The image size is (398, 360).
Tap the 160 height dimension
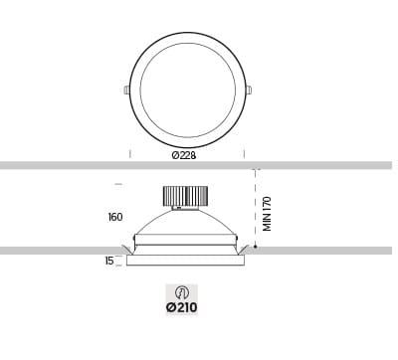114,216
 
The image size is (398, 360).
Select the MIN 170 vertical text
267,214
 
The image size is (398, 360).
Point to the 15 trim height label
109,262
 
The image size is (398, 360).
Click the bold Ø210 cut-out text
182,308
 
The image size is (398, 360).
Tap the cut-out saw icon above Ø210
182,292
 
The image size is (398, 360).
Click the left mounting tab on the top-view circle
126,90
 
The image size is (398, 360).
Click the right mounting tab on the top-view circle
249,90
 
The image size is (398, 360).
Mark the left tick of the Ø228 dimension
130,154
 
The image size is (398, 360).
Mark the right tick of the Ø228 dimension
245,154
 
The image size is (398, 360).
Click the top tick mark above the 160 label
118,185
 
